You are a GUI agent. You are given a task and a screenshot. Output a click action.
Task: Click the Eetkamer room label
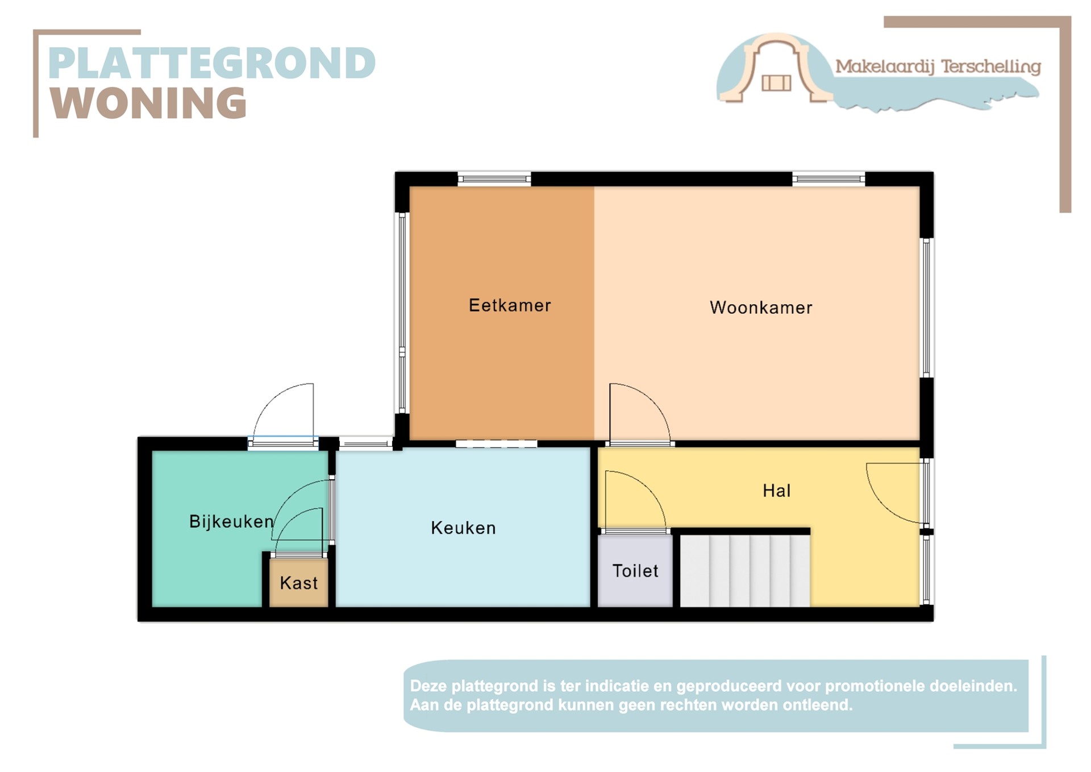tap(509, 305)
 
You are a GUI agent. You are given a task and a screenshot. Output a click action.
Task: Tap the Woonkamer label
tap(760, 308)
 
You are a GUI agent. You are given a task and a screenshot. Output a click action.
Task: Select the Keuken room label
tap(463, 528)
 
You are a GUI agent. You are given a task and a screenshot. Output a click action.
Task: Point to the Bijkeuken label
tap(231, 521)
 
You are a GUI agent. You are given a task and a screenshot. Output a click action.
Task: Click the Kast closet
tap(299, 583)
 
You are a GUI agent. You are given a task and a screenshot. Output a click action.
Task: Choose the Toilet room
tap(635, 571)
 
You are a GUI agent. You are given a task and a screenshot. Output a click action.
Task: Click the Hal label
tap(776, 491)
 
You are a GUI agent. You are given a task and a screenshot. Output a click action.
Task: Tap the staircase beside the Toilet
tap(744, 571)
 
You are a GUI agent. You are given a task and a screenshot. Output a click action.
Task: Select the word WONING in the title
tap(148, 103)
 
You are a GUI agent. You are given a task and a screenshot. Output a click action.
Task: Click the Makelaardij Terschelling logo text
tap(938, 67)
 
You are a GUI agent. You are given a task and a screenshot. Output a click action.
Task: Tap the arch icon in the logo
tap(776, 68)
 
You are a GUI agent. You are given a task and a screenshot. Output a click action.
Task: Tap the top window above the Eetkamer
tap(494, 179)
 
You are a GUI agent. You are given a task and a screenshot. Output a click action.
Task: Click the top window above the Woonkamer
tap(828, 179)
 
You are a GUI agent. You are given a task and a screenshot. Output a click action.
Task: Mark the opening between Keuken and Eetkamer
tap(496, 443)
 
